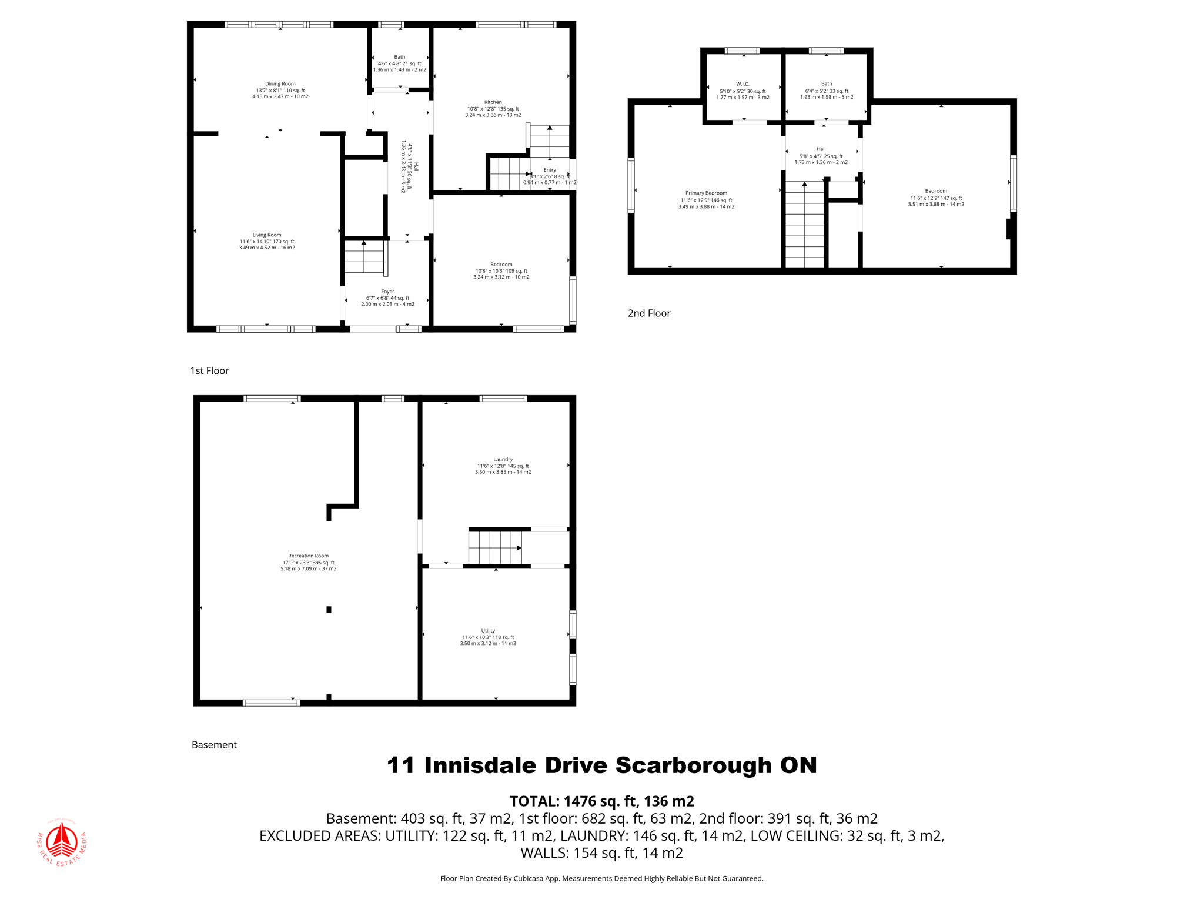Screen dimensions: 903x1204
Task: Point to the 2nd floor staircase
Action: pyautogui.click(x=805, y=226)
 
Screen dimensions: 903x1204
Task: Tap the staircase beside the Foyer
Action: pyautogui.click(x=364, y=257)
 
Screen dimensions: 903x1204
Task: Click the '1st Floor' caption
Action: pyautogui.click(x=209, y=370)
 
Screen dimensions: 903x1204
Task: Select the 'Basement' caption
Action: pyautogui.click(x=214, y=745)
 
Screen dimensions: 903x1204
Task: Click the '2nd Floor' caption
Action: pyautogui.click(x=649, y=313)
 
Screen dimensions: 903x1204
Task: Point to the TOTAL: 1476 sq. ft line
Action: pyautogui.click(x=601, y=801)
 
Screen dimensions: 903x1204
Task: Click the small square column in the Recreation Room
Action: pyautogui.click(x=329, y=610)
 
